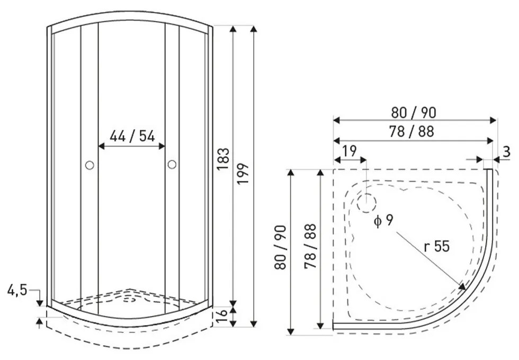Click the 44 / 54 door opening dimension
[132, 136]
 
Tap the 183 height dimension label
[223, 159]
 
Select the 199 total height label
[243, 174]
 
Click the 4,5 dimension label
[17, 290]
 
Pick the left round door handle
[90, 165]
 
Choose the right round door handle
[172, 165]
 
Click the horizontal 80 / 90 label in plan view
[414, 113]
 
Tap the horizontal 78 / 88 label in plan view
[411, 131]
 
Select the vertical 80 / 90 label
[280, 248]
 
